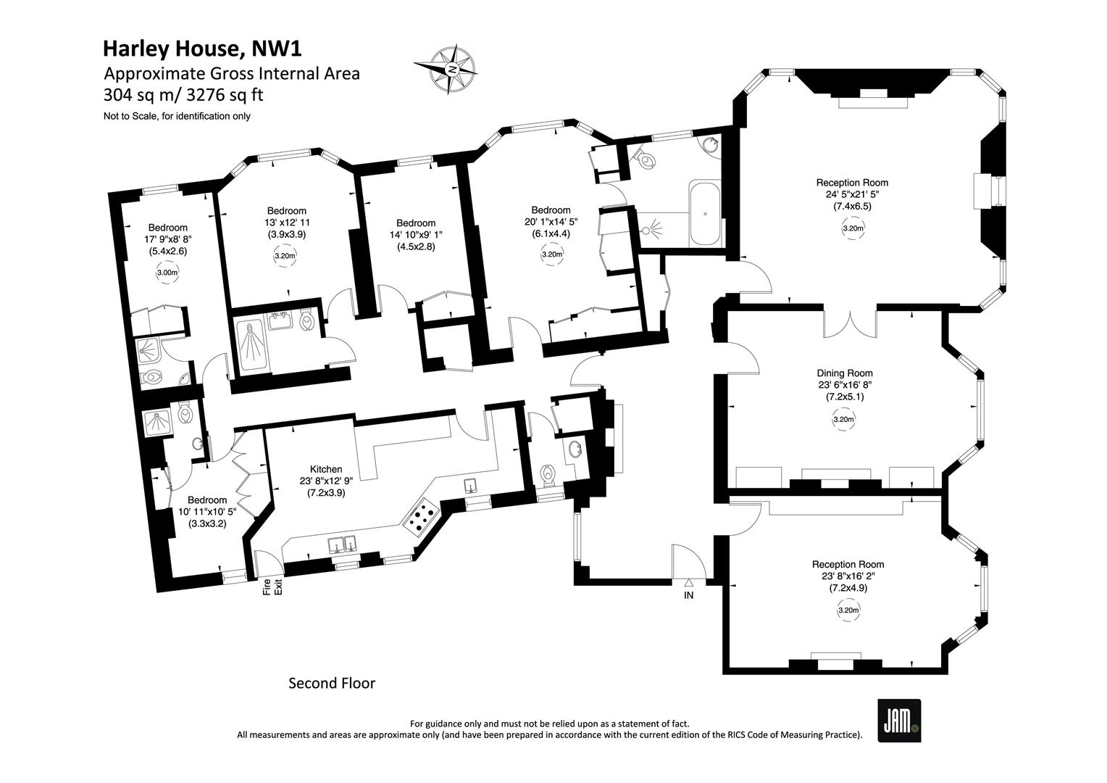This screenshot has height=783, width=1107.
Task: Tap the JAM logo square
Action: [899, 720]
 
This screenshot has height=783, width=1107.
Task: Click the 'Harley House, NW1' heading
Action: [202, 49]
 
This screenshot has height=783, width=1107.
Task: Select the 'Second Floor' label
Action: [332, 683]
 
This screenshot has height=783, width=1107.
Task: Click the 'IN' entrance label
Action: [688, 595]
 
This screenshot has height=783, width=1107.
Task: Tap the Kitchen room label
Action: [326, 469]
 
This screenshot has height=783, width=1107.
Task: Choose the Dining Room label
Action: [845, 373]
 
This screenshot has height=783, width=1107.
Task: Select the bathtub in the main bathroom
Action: [705, 214]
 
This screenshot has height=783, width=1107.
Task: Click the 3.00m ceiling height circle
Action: [167, 273]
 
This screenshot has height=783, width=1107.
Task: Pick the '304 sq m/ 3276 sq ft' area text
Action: [183, 94]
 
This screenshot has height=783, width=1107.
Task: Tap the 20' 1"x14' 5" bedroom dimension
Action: [551, 222]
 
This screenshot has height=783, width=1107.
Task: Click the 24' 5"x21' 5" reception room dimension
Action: [853, 194]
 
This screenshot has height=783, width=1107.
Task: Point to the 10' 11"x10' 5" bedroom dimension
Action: [207, 511]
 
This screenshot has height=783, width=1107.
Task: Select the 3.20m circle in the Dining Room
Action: [843, 420]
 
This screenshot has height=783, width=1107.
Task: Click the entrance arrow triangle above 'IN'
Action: [689, 584]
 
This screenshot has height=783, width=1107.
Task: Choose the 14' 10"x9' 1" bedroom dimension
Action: [416, 234]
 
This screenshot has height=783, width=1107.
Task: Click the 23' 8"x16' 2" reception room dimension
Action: [848, 576]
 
